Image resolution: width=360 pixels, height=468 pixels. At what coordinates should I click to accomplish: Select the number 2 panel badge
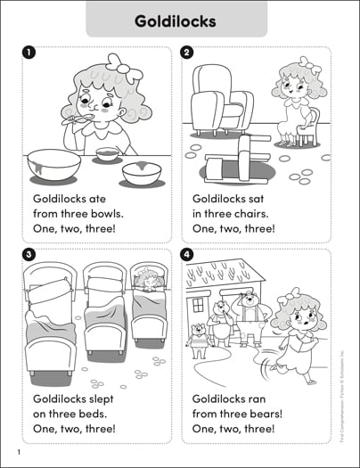[x=187, y=53]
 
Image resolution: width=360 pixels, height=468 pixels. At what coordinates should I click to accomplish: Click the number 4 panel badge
[x=187, y=256]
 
